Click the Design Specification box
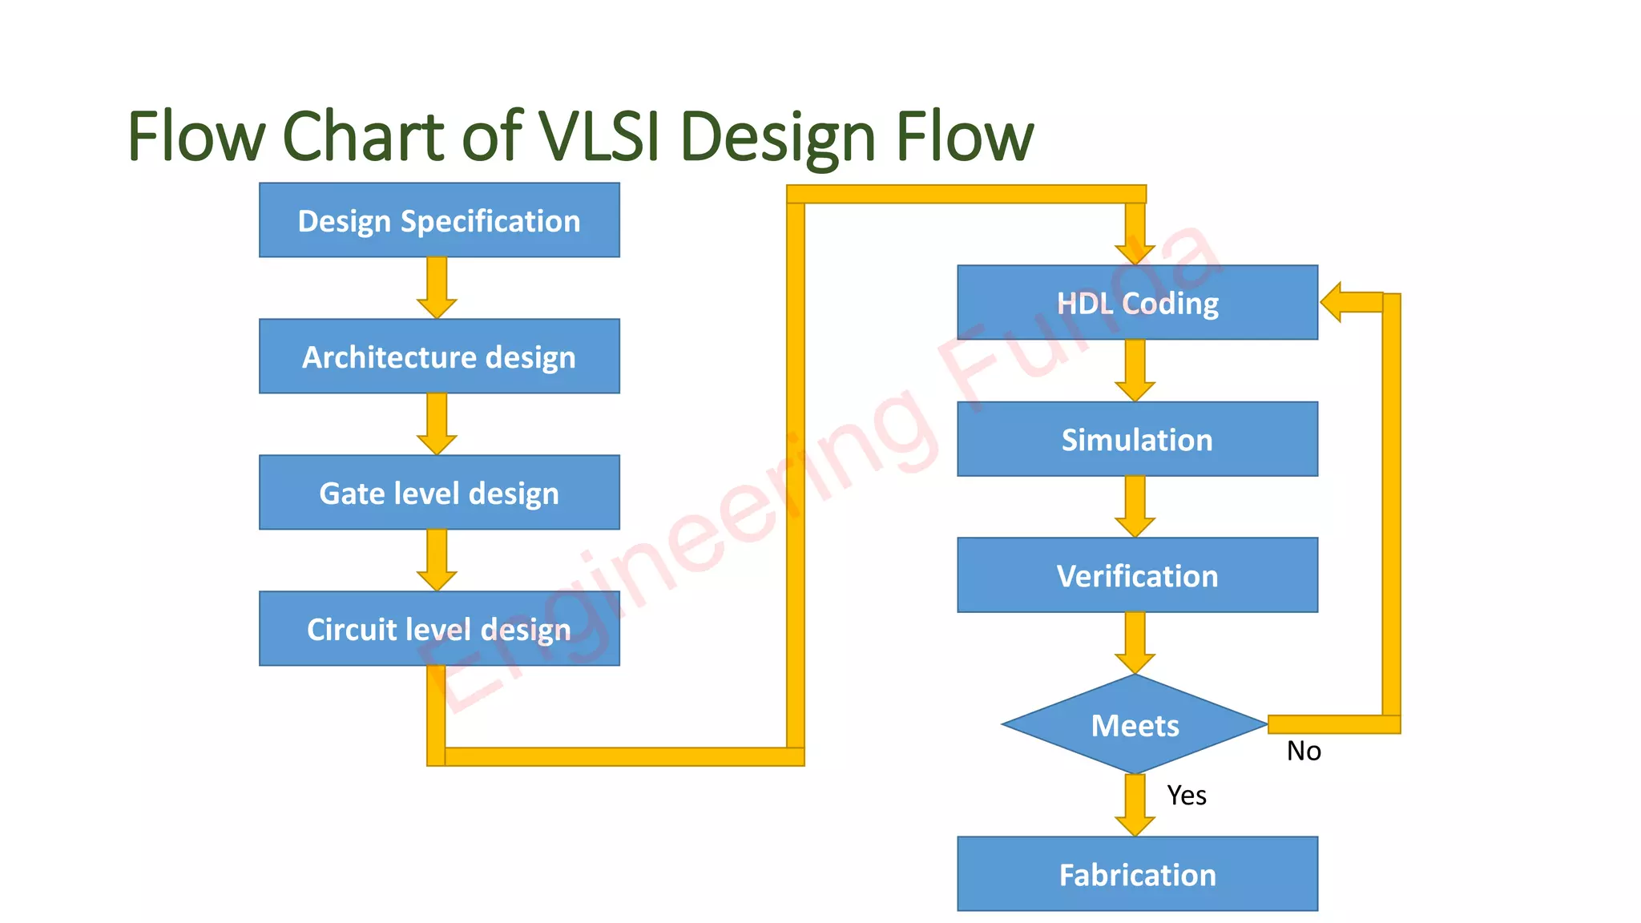(x=439, y=220)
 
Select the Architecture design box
(x=439, y=357)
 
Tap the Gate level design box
(x=439, y=493)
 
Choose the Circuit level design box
(x=439, y=629)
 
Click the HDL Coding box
(x=1137, y=303)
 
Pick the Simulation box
(x=1137, y=439)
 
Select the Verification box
(x=1137, y=575)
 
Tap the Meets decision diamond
(x=1135, y=724)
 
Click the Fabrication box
(x=1137, y=874)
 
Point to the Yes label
(x=1187, y=796)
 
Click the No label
(x=1304, y=751)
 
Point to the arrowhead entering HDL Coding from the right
(x=1333, y=302)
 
